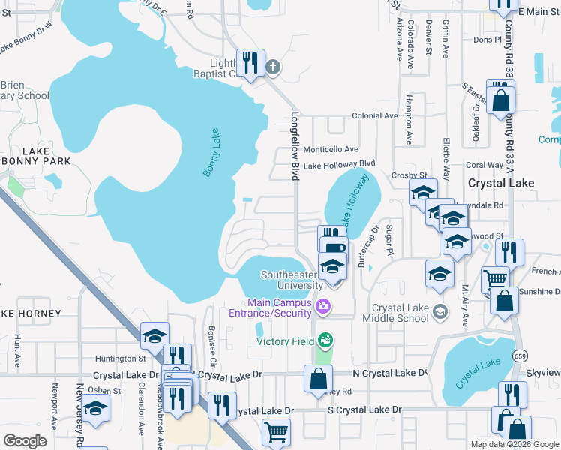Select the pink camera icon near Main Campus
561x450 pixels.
(323, 305)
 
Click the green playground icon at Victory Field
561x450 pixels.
(324, 340)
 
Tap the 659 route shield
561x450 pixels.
(519, 355)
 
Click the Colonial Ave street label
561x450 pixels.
(375, 116)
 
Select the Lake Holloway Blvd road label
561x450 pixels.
(339, 163)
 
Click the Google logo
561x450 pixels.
(25, 440)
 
